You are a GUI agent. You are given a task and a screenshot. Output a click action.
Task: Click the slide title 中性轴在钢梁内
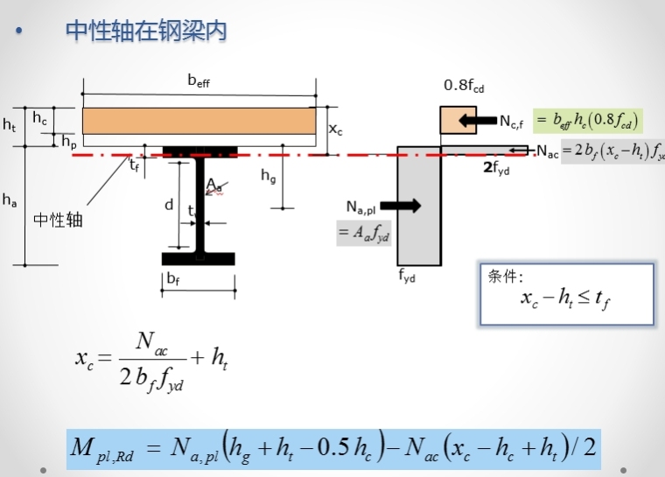pyautogui.click(x=147, y=31)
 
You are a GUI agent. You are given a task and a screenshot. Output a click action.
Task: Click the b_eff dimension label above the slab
pyautogui.click(x=199, y=82)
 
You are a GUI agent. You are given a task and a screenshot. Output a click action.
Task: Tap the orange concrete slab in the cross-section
pyautogui.click(x=199, y=119)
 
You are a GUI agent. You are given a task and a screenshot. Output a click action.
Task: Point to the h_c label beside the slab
pyautogui.click(x=40, y=117)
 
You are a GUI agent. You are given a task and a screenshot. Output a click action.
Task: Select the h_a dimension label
pyautogui.click(x=10, y=201)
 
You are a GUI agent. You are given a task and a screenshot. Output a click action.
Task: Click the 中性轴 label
pyautogui.click(x=58, y=220)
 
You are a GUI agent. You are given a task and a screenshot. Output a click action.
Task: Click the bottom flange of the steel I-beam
pyautogui.click(x=199, y=259)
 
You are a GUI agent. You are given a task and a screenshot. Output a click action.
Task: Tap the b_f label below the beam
pyautogui.click(x=173, y=278)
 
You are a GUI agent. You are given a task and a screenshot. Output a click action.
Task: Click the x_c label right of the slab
pyautogui.click(x=335, y=129)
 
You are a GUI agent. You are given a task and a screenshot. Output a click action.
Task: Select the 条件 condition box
pyautogui.click(x=566, y=293)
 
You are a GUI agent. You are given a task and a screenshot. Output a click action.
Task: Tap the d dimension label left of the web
pyautogui.click(x=168, y=207)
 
